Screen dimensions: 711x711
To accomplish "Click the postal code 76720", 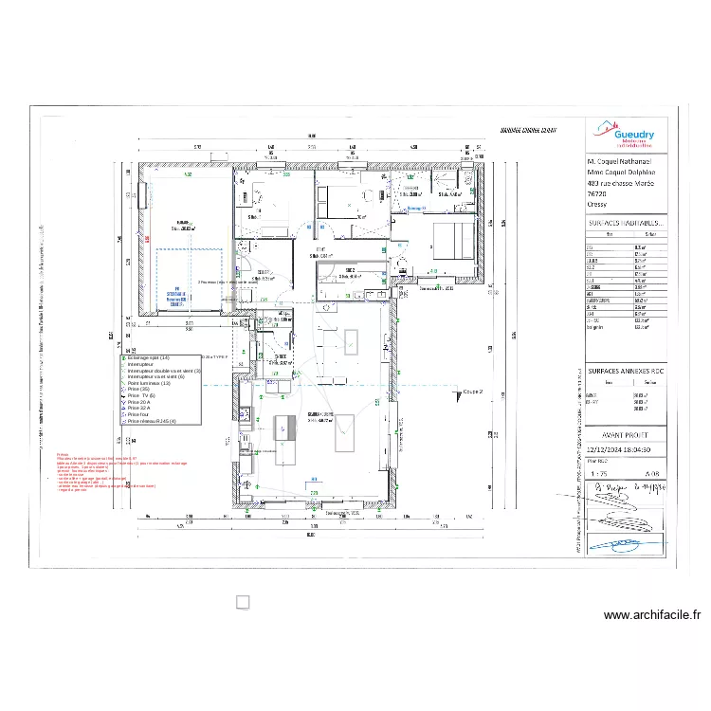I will click(599, 192).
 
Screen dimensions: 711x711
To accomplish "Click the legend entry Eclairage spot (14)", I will click(147, 357).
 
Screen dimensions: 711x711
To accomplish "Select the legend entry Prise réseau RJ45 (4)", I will click(152, 421).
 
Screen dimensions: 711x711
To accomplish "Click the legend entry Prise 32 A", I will click(139, 409).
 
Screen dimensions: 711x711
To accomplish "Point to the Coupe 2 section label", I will click(473, 391).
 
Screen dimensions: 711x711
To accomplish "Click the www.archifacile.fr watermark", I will click(651, 614).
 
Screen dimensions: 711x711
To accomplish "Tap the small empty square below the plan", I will click(242, 602).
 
